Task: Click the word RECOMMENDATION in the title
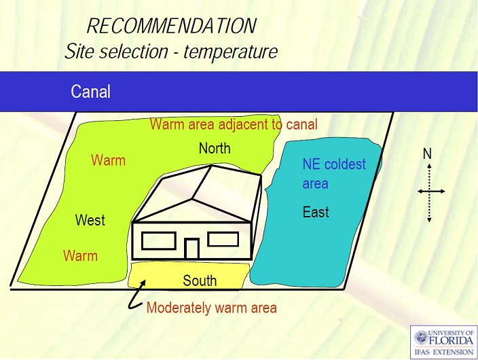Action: click(x=172, y=26)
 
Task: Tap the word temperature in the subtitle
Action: click(x=230, y=52)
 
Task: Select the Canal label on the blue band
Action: click(x=90, y=92)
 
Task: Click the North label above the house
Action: click(x=215, y=149)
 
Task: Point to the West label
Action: click(x=90, y=220)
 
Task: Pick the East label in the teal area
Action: click(x=316, y=212)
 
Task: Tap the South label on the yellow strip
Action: click(x=200, y=281)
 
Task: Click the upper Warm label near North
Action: click(x=108, y=160)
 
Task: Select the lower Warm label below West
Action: click(x=81, y=255)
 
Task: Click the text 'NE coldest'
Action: click(x=334, y=164)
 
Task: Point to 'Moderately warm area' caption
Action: click(x=212, y=308)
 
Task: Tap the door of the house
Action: click(x=191, y=249)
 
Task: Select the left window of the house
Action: click(x=158, y=241)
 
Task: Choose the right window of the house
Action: click(x=223, y=239)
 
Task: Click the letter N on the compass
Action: click(x=427, y=154)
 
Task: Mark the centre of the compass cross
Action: click(x=429, y=192)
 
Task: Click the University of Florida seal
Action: click(x=421, y=338)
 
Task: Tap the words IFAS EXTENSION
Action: click(x=443, y=352)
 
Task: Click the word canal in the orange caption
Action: click(x=301, y=124)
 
